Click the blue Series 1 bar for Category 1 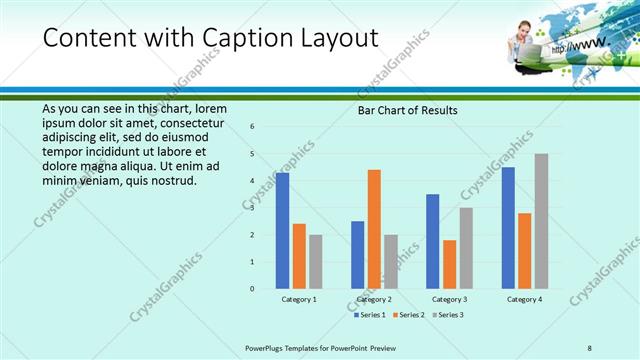coord(282,231)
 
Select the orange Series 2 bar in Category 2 coord(374,229)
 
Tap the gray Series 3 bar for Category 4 coord(541,221)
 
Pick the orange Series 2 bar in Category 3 coord(449,264)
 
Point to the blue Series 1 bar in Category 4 coord(508,228)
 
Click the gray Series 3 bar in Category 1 coord(316,262)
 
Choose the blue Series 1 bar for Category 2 coord(357,255)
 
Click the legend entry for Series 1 coord(370,315)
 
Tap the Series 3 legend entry coord(449,315)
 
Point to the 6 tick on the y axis coord(253,127)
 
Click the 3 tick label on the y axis coord(253,208)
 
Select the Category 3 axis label coord(449,299)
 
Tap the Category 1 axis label coord(299,299)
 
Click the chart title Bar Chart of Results coord(408,110)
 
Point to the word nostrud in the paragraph coord(174,180)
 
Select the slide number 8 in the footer coord(590,347)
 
